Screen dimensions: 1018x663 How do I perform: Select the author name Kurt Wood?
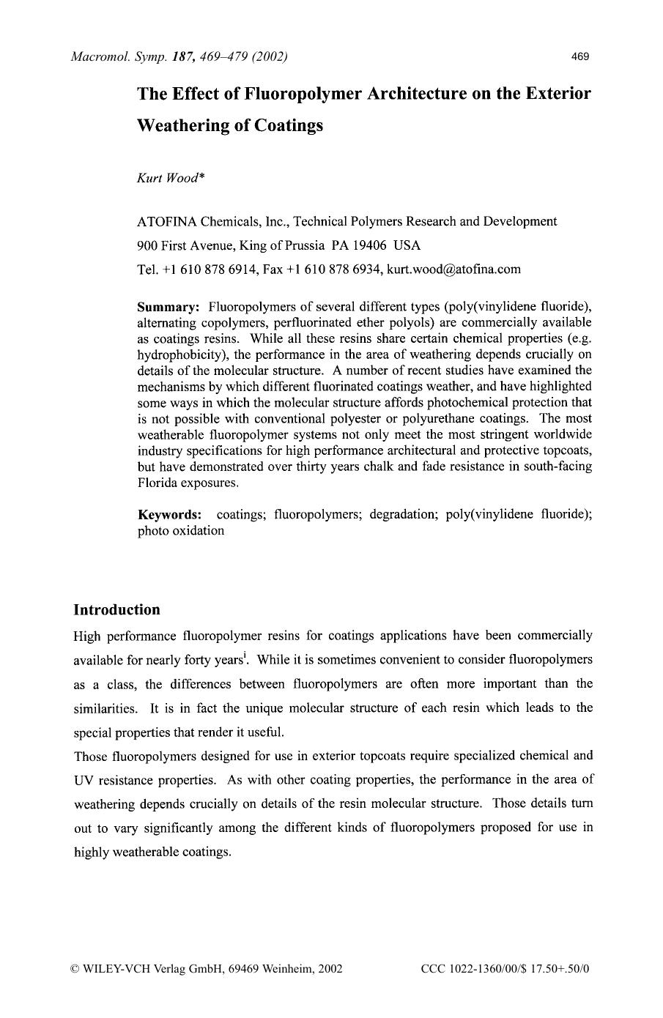[170, 179]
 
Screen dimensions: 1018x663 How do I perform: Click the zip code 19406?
[368, 245]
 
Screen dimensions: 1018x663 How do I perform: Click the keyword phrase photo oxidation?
[181, 531]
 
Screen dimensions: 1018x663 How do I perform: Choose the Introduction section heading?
[116, 610]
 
